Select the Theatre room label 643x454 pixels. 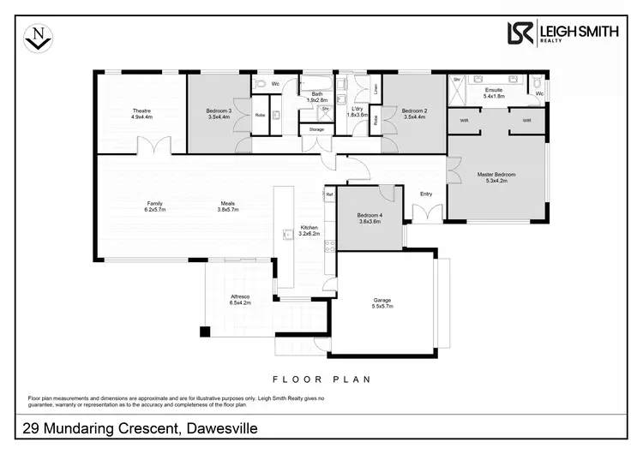pyautogui.click(x=141, y=111)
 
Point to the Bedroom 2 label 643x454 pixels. pyautogui.click(x=414, y=111)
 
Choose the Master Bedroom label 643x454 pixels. pyautogui.click(x=496, y=175)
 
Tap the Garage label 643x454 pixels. pyautogui.click(x=382, y=300)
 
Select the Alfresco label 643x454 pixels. pyautogui.click(x=239, y=296)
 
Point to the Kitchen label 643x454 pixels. pyautogui.click(x=308, y=228)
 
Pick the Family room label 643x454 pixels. pyautogui.click(x=155, y=204)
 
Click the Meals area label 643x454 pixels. pyautogui.click(x=226, y=204)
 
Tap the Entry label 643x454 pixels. pyautogui.click(x=426, y=194)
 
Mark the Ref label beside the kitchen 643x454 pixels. pyautogui.click(x=329, y=194)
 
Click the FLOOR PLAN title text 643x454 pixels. pyautogui.click(x=321, y=379)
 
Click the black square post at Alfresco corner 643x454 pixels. pyautogui.click(x=205, y=332)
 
